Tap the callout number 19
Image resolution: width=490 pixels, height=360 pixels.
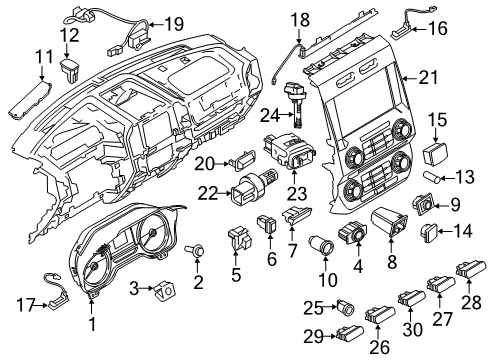tap(174, 23)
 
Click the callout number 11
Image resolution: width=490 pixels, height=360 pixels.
tap(43, 58)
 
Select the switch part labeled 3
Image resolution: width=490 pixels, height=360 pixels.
tap(162, 290)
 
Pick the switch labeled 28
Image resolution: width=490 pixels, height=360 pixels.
tap(465, 268)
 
